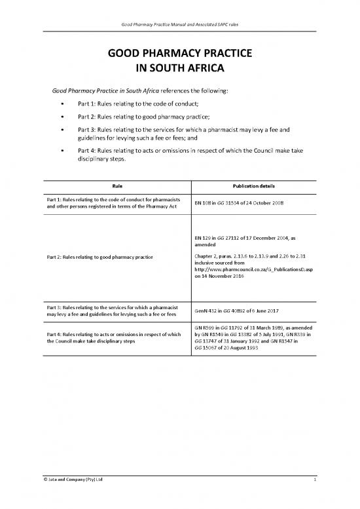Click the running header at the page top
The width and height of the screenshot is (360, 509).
tap(180, 25)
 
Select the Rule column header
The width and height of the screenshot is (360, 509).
tap(115, 185)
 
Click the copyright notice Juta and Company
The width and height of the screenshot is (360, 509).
tap(73, 481)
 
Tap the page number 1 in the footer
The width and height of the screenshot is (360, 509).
tap(314, 481)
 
